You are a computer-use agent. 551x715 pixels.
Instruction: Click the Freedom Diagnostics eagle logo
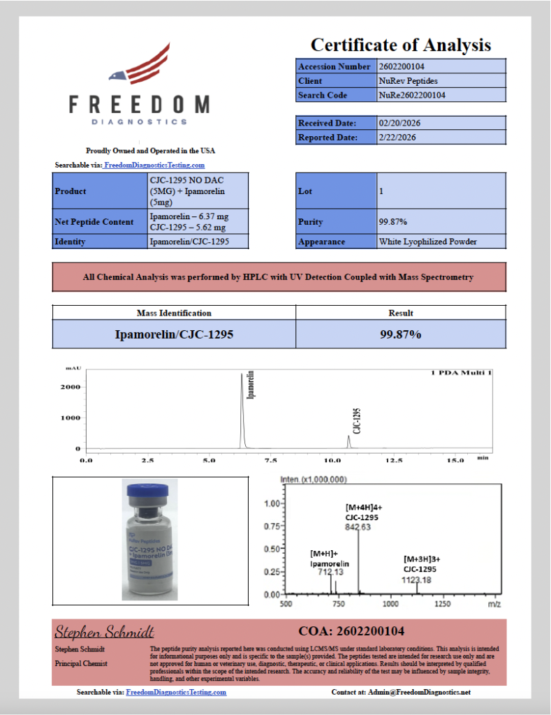pyautogui.click(x=140, y=67)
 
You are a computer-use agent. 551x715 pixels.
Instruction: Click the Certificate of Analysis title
pyautogui.click(x=400, y=45)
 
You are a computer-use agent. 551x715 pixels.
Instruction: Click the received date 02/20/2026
pyautogui.click(x=399, y=123)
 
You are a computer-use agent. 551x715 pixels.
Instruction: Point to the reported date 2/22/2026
pyautogui.click(x=397, y=138)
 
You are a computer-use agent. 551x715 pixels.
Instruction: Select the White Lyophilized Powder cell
pyautogui.click(x=427, y=242)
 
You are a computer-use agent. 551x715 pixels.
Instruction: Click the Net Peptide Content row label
pyautogui.click(x=94, y=222)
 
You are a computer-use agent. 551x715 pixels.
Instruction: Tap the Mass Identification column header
pyautogui.click(x=174, y=313)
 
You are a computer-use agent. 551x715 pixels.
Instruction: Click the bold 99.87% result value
pyautogui.click(x=400, y=334)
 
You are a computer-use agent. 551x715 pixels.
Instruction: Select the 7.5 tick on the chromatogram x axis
pyautogui.click(x=270, y=461)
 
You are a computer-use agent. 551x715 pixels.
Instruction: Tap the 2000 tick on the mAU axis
pyautogui.click(x=73, y=387)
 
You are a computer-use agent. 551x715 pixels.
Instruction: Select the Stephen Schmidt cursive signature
pyautogui.click(x=104, y=633)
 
